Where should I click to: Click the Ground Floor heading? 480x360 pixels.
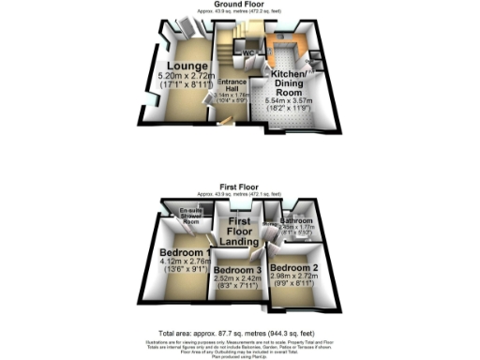pos(238,5)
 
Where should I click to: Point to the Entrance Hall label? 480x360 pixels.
pos(232,83)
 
